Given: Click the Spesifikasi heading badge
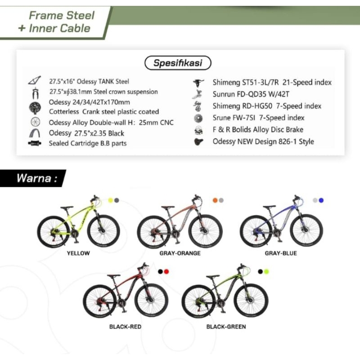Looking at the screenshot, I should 178,63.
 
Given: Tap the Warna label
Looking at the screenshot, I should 37,178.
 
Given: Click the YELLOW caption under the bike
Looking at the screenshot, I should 78,253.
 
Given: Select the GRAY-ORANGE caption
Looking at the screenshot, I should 180,253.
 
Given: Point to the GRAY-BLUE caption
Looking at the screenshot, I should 281,253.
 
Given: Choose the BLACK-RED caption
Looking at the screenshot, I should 125,327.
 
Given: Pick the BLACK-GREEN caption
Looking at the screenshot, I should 226,327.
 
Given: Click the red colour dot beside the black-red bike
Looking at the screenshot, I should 166,272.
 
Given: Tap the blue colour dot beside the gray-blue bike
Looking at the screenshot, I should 321,200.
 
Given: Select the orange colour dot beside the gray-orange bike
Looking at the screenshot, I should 215,200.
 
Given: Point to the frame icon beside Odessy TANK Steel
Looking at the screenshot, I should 34,81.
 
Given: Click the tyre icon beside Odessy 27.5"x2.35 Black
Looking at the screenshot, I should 35,133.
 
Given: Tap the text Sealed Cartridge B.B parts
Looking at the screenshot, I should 88,144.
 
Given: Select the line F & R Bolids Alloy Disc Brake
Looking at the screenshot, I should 258,130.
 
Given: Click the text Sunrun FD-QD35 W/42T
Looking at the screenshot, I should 251,94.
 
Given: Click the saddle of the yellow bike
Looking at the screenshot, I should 67,207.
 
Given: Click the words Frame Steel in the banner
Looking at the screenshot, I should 62,16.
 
